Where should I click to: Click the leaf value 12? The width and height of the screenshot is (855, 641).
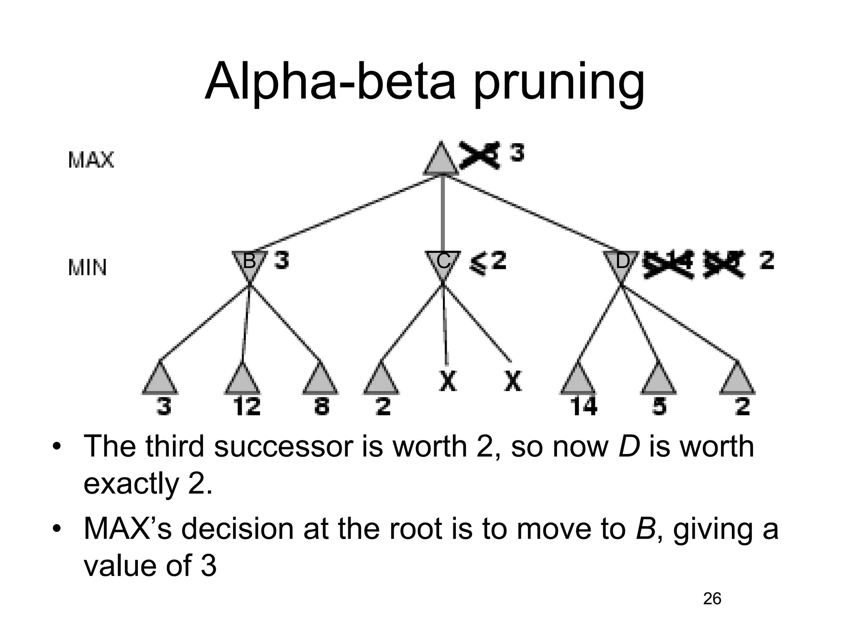tap(246, 406)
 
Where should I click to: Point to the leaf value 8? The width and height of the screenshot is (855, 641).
tap(321, 406)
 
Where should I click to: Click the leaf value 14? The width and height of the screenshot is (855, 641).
tap(583, 406)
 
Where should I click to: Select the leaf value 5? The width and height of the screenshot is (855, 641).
tap(659, 406)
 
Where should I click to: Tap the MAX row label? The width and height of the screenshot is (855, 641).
tap(91, 160)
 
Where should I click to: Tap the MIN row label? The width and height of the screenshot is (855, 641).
tap(87, 268)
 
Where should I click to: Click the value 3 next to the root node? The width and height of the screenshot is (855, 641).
tap(517, 153)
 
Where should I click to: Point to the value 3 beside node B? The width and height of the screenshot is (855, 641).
tap(281, 262)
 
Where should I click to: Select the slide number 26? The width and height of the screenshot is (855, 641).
tap(712, 599)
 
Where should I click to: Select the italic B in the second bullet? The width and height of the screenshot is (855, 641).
tap(645, 529)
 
